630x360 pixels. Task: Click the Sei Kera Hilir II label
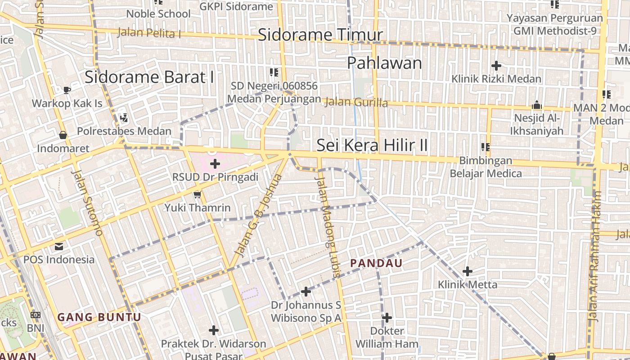pos(372,145)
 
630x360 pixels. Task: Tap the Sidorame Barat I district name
pos(149,77)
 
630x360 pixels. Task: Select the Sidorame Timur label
pos(320,35)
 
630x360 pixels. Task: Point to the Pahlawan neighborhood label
pos(384,63)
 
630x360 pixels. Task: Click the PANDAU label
pos(376,263)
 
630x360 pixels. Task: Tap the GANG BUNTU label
pos(99,317)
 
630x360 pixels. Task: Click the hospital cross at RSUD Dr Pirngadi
pos(215,164)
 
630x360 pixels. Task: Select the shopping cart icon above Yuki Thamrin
pos(197,195)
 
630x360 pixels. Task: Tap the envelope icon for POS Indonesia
pos(59,247)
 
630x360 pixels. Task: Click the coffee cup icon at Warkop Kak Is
pos(67,90)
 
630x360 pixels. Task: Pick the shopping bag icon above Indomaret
pos(63,135)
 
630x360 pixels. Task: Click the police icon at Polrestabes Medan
pos(124,118)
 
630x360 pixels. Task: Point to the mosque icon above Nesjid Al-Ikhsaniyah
pos(536,105)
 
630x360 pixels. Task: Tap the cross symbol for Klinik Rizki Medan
pos(496,66)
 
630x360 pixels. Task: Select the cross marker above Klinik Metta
pos(468,271)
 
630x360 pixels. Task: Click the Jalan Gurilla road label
pos(355,102)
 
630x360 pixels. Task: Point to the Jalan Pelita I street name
pos(149,33)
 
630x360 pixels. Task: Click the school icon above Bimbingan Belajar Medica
pos(486,147)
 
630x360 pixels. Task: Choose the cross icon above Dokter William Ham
pos(387,318)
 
